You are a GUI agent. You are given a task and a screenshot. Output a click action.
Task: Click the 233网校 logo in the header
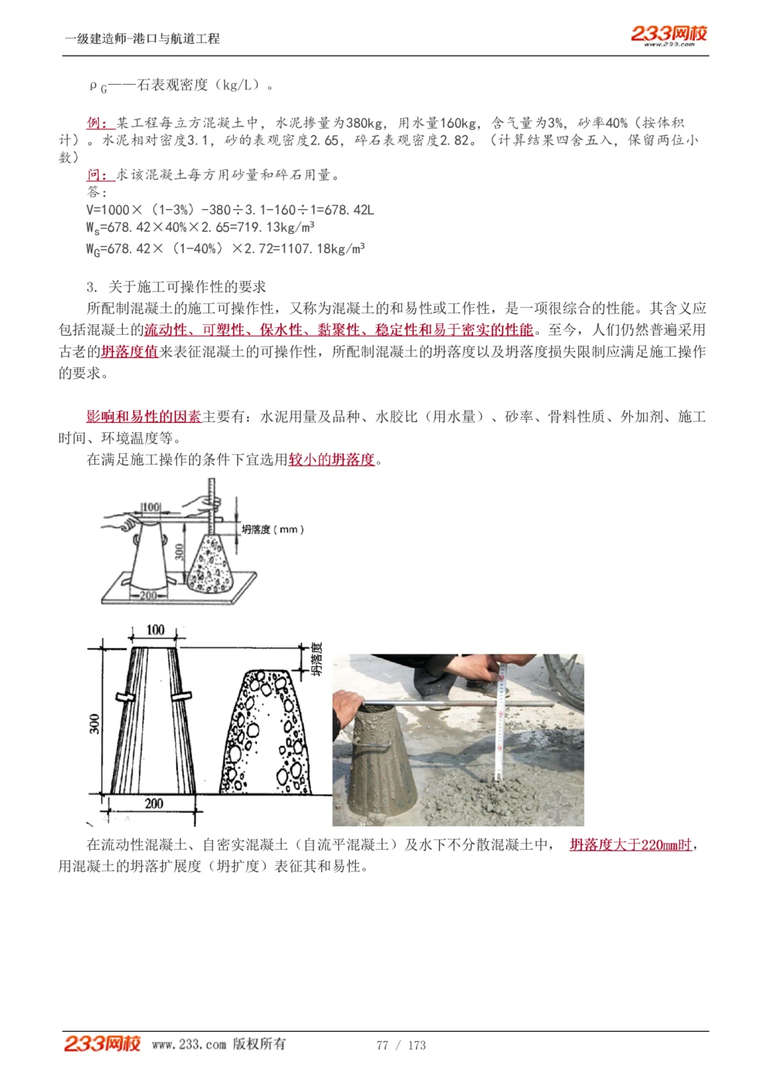click(669, 34)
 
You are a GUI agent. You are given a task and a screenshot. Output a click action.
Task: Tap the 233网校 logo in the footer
click(102, 1043)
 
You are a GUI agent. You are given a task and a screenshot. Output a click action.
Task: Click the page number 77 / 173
click(401, 1045)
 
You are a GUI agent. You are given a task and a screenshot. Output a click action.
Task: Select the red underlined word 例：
click(100, 123)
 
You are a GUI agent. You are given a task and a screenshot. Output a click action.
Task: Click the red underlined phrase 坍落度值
click(129, 352)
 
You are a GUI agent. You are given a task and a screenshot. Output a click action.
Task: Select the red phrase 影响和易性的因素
click(144, 417)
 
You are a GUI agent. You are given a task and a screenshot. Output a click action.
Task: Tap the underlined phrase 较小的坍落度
click(331, 460)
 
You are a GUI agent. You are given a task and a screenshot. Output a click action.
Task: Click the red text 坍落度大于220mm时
click(631, 845)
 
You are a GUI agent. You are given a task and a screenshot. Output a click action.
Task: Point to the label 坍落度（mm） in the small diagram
click(273, 529)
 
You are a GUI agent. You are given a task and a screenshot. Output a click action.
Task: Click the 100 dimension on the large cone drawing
click(155, 630)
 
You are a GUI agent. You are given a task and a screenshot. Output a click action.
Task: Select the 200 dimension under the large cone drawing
click(154, 803)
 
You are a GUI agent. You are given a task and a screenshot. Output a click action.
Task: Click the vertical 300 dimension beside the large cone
click(94, 723)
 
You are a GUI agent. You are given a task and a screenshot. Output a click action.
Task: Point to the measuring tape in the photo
click(499, 725)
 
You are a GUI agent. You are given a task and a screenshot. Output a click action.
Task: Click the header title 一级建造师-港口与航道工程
click(142, 39)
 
